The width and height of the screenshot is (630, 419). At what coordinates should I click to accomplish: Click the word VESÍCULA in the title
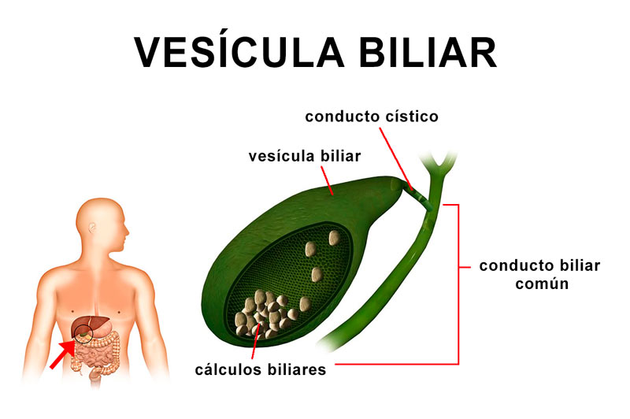pos(239,51)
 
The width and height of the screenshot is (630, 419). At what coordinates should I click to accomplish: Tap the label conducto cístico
pos(372,117)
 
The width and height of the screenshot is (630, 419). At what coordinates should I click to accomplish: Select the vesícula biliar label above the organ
pos(305,156)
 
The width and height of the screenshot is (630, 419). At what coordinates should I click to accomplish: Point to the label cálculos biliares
pos(261,369)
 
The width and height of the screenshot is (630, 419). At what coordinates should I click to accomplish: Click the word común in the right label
pos(542,284)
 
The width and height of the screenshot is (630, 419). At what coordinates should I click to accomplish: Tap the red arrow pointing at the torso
pos(63,354)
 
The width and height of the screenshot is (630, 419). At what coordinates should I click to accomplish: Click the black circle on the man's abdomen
pos(83,333)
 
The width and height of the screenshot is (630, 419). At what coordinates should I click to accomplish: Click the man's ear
pos(92,228)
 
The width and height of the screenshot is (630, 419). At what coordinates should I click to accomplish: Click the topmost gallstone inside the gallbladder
pos(334,238)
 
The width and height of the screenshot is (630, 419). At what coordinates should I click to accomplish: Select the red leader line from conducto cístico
pos(396,158)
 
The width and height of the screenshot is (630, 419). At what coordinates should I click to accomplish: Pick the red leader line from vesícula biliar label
pos(327,180)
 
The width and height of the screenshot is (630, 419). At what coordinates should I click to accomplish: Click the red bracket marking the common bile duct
pos(458,284)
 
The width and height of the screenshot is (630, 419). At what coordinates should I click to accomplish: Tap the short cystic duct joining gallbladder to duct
pos(417,195)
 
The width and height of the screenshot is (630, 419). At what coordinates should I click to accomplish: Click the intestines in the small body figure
pos(97,354)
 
